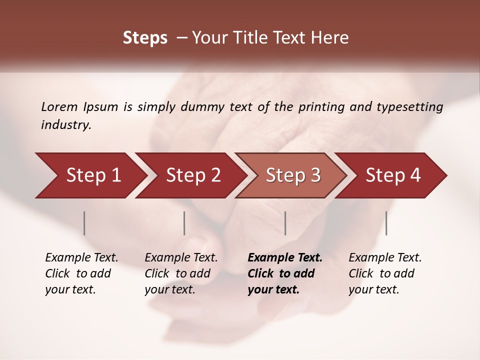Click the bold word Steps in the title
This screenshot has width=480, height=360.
(x=145, y=38)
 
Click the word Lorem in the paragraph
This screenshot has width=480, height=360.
(x=59, y=106)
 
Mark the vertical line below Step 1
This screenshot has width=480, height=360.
(x=84, y=223)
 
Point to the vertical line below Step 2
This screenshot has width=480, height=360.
(x=184, y=223)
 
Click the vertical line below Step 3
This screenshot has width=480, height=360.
(x=285, y=223)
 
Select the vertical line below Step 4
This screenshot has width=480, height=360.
(x=386, y=223)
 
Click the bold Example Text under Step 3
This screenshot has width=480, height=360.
(x=285, y=258)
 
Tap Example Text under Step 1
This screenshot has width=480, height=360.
(x=81, y=258)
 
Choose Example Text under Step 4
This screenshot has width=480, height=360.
(x=385, y=258)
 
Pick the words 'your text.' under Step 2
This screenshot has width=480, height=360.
(x=170, y=289)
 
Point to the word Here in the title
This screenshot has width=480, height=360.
(x=332, y=38)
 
